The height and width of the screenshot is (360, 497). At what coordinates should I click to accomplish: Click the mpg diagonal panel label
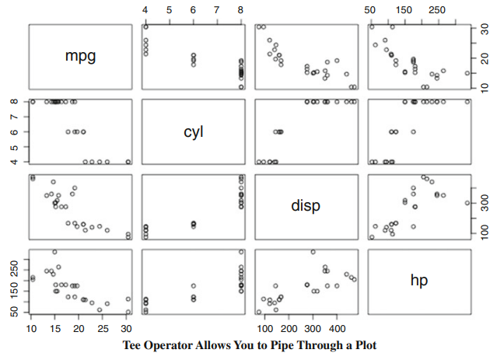click(81, 57)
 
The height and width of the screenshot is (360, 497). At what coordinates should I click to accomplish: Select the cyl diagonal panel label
click(193, 131)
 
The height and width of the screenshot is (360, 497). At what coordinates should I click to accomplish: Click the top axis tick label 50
click(372, 10)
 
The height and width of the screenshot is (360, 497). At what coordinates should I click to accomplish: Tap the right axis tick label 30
click(482, 30)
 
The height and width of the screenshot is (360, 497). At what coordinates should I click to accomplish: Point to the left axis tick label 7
click(14, 117)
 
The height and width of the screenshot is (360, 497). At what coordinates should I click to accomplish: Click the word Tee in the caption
click(134, 345)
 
